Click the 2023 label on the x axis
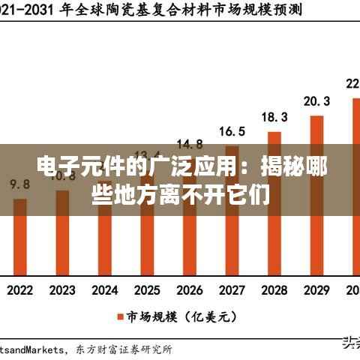[x=62, y=289]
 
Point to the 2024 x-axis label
[x=105, y=289]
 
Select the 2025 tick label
[x=147, y=289]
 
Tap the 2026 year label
[x=190, y=289]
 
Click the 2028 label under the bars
[x=274, y=289]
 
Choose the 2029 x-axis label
[x=316, y=289]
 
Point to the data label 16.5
[x=232, y=131]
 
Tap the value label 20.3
[x=316, y=100]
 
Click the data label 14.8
[x=189, y=143]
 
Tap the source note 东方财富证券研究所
[x=124, y=349]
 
